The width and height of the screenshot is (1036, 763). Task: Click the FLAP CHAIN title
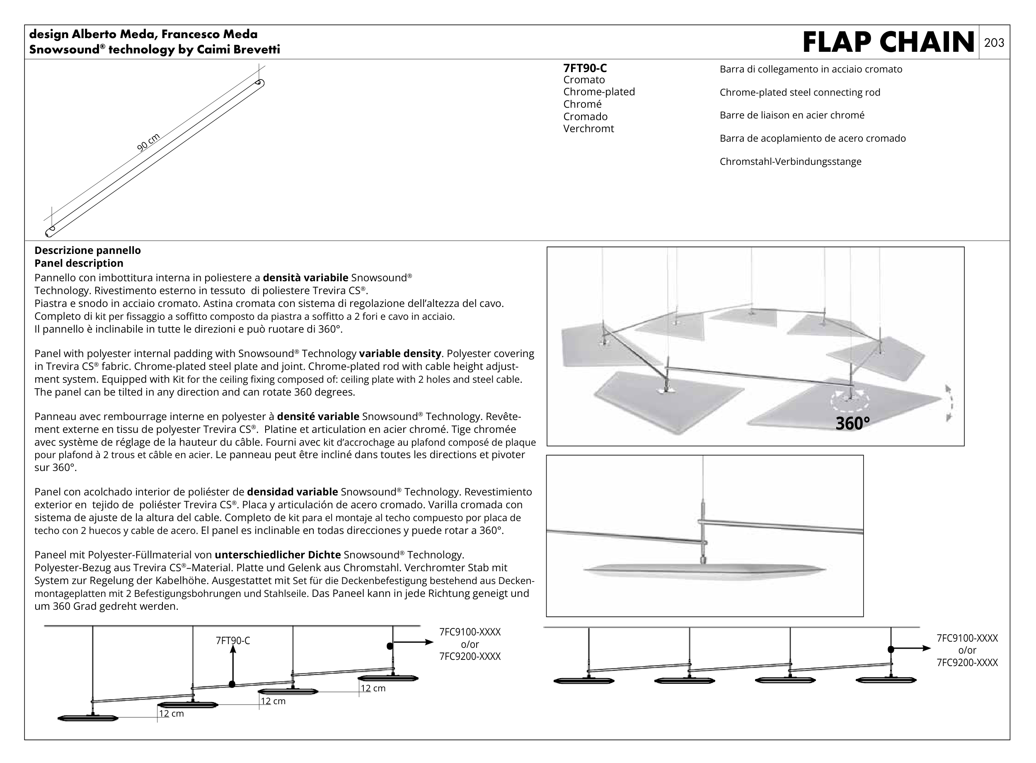888,43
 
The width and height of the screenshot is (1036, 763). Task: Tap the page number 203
994,43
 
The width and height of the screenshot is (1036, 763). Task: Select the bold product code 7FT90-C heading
585,68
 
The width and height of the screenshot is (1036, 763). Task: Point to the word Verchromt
588,129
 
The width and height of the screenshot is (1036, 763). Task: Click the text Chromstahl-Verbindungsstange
790,162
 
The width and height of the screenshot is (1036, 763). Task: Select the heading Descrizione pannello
87,250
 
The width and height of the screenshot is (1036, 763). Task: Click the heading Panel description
79,263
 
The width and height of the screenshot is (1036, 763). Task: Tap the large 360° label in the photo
852,423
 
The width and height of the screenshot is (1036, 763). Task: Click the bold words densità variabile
305,278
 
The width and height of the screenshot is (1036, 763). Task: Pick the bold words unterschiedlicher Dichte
278,555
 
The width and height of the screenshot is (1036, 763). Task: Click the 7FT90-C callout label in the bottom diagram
233,641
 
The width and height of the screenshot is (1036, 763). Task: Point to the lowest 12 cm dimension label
171,714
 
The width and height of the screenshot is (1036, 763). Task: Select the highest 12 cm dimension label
373,688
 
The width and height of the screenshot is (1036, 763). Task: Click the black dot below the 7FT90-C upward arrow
232,684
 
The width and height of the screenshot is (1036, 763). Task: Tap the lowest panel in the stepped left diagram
88,718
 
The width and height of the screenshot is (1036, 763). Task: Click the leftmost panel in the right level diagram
583,681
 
